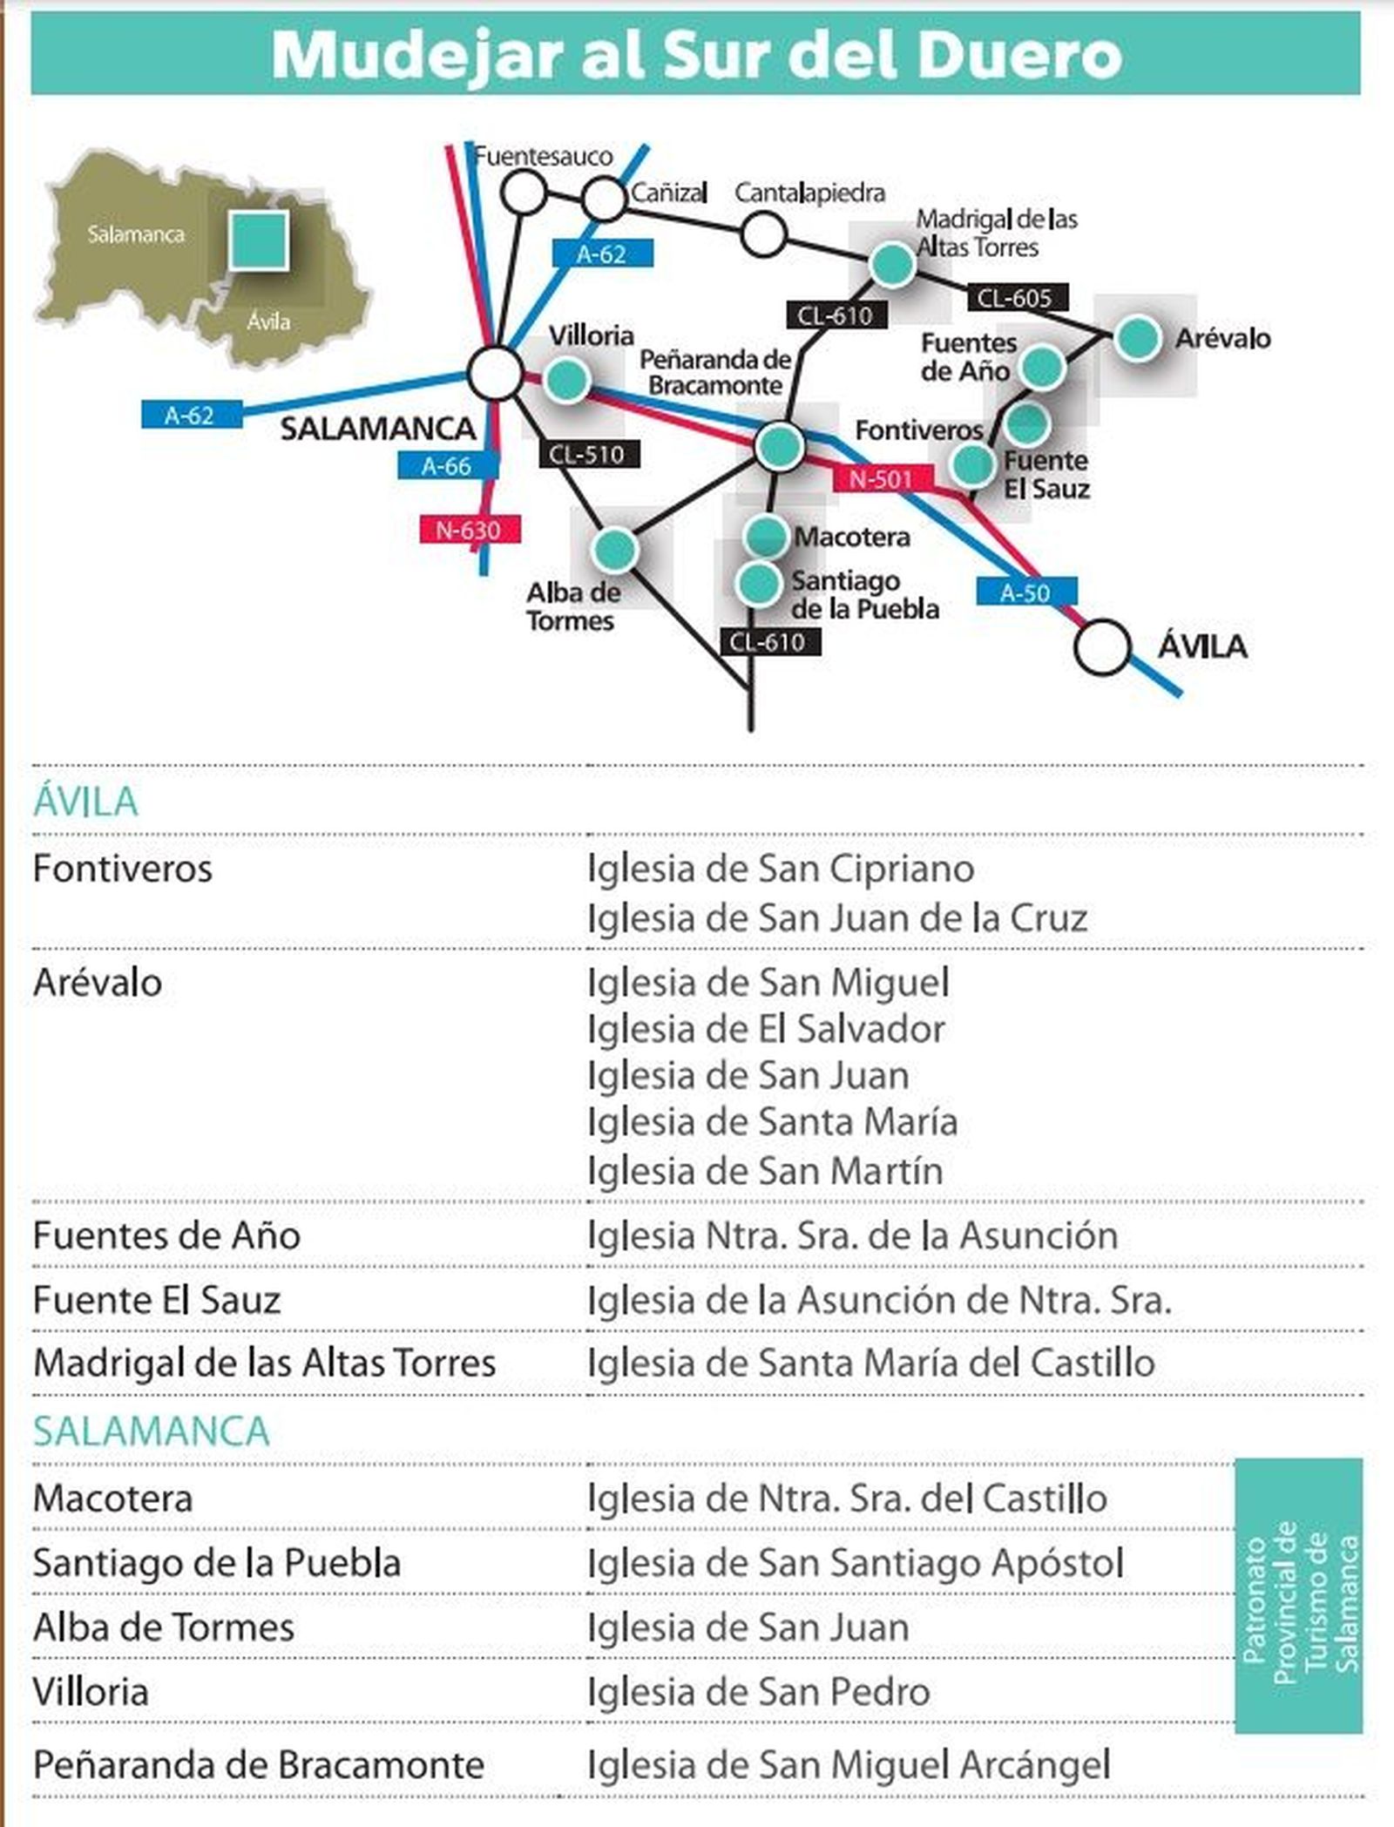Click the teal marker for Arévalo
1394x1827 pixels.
click(x=1138, y=338)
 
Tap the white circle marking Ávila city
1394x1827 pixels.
click(x=1102, y=647)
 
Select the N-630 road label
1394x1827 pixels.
click(x=470, y=530)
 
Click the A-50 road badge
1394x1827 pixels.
click(x=1025, y=592)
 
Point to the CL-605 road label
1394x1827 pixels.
click(x=1016, y=299)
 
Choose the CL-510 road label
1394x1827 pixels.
click(x=588, y=454)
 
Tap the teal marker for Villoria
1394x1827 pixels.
click(x=567, y=379)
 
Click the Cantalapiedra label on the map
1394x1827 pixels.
click(x=809, y=193)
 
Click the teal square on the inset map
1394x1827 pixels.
click(x=259, y=240)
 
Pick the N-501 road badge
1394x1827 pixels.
click(x=883, y=478)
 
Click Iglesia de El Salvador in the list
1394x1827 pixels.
click(x=766, y=1029)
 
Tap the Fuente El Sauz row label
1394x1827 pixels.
click(x=157, y=1300)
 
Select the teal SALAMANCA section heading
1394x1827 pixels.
click(x=152, y=1431)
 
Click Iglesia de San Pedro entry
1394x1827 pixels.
click(x=759, y=1691)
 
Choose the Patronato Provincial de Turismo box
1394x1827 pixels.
click(x=1298, y=1595)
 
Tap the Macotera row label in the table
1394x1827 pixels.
click(x=113, y=1499)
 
